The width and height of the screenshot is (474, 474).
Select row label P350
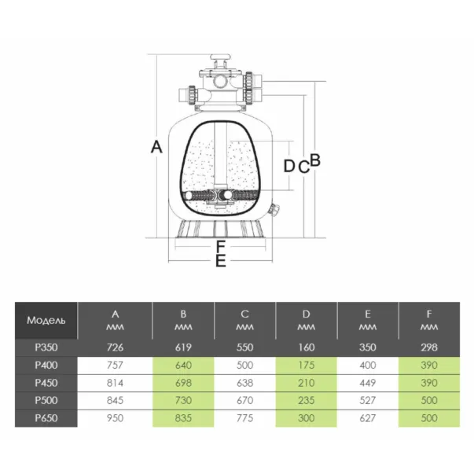pos(46,347)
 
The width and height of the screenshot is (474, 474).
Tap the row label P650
pos(46,417)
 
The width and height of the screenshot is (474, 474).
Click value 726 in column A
pos(115,347)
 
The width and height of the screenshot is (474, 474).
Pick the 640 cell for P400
pos(182,365)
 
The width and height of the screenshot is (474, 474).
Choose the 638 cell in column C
pos(244,383)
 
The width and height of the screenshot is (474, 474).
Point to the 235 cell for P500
pos(306,400)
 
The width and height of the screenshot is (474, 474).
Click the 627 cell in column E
pos(367,417)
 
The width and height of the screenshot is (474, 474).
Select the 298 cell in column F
pos(428,347)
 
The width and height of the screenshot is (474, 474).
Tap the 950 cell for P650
pos(115,417)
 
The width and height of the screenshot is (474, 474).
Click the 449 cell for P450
pos(367,383)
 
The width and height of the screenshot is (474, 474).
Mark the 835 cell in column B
pos(182,417)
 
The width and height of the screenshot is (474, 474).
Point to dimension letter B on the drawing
pos(315,161)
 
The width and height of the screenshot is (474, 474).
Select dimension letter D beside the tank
pos(288,166)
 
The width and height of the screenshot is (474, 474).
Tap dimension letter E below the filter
pos(220,260)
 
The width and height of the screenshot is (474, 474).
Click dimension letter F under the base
pos(220,247)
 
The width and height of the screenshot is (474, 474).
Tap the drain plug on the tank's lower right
pos(274,211)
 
